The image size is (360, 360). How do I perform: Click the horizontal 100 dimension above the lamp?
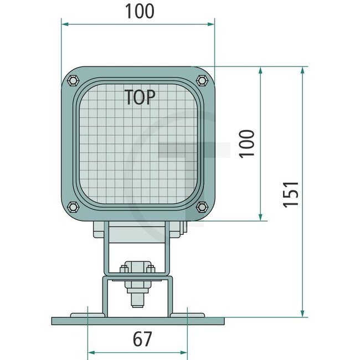pos(139,11)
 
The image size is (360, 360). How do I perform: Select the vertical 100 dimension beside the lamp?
pos(248,143)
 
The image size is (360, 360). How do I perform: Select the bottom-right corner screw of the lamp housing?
pos(202,207)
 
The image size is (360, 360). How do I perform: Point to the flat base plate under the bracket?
pos(138,321)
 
